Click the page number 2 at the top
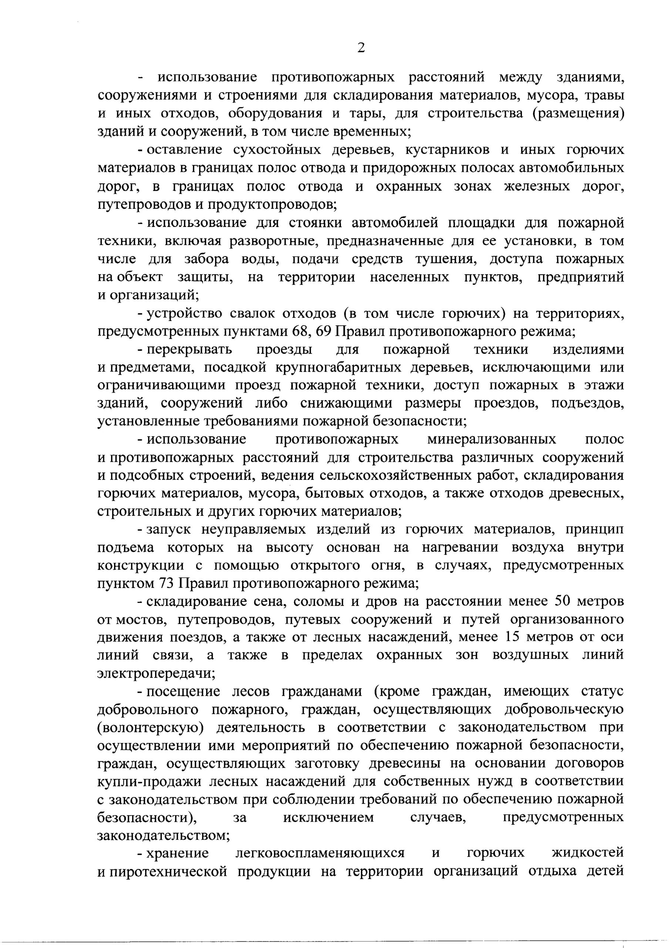point(361,48)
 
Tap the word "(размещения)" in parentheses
point(578,114)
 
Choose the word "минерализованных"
point(491,439)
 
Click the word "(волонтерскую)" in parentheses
point(151,728)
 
